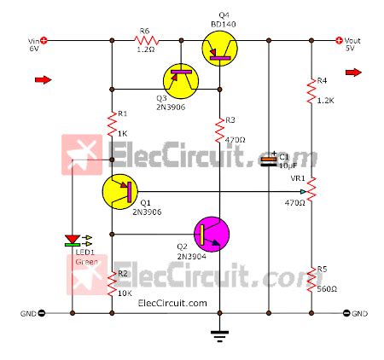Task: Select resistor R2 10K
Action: click(112, 282)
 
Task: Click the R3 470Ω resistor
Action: click(219, 128)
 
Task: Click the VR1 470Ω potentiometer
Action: click(310, 185)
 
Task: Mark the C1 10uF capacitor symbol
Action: click(269, 160)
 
